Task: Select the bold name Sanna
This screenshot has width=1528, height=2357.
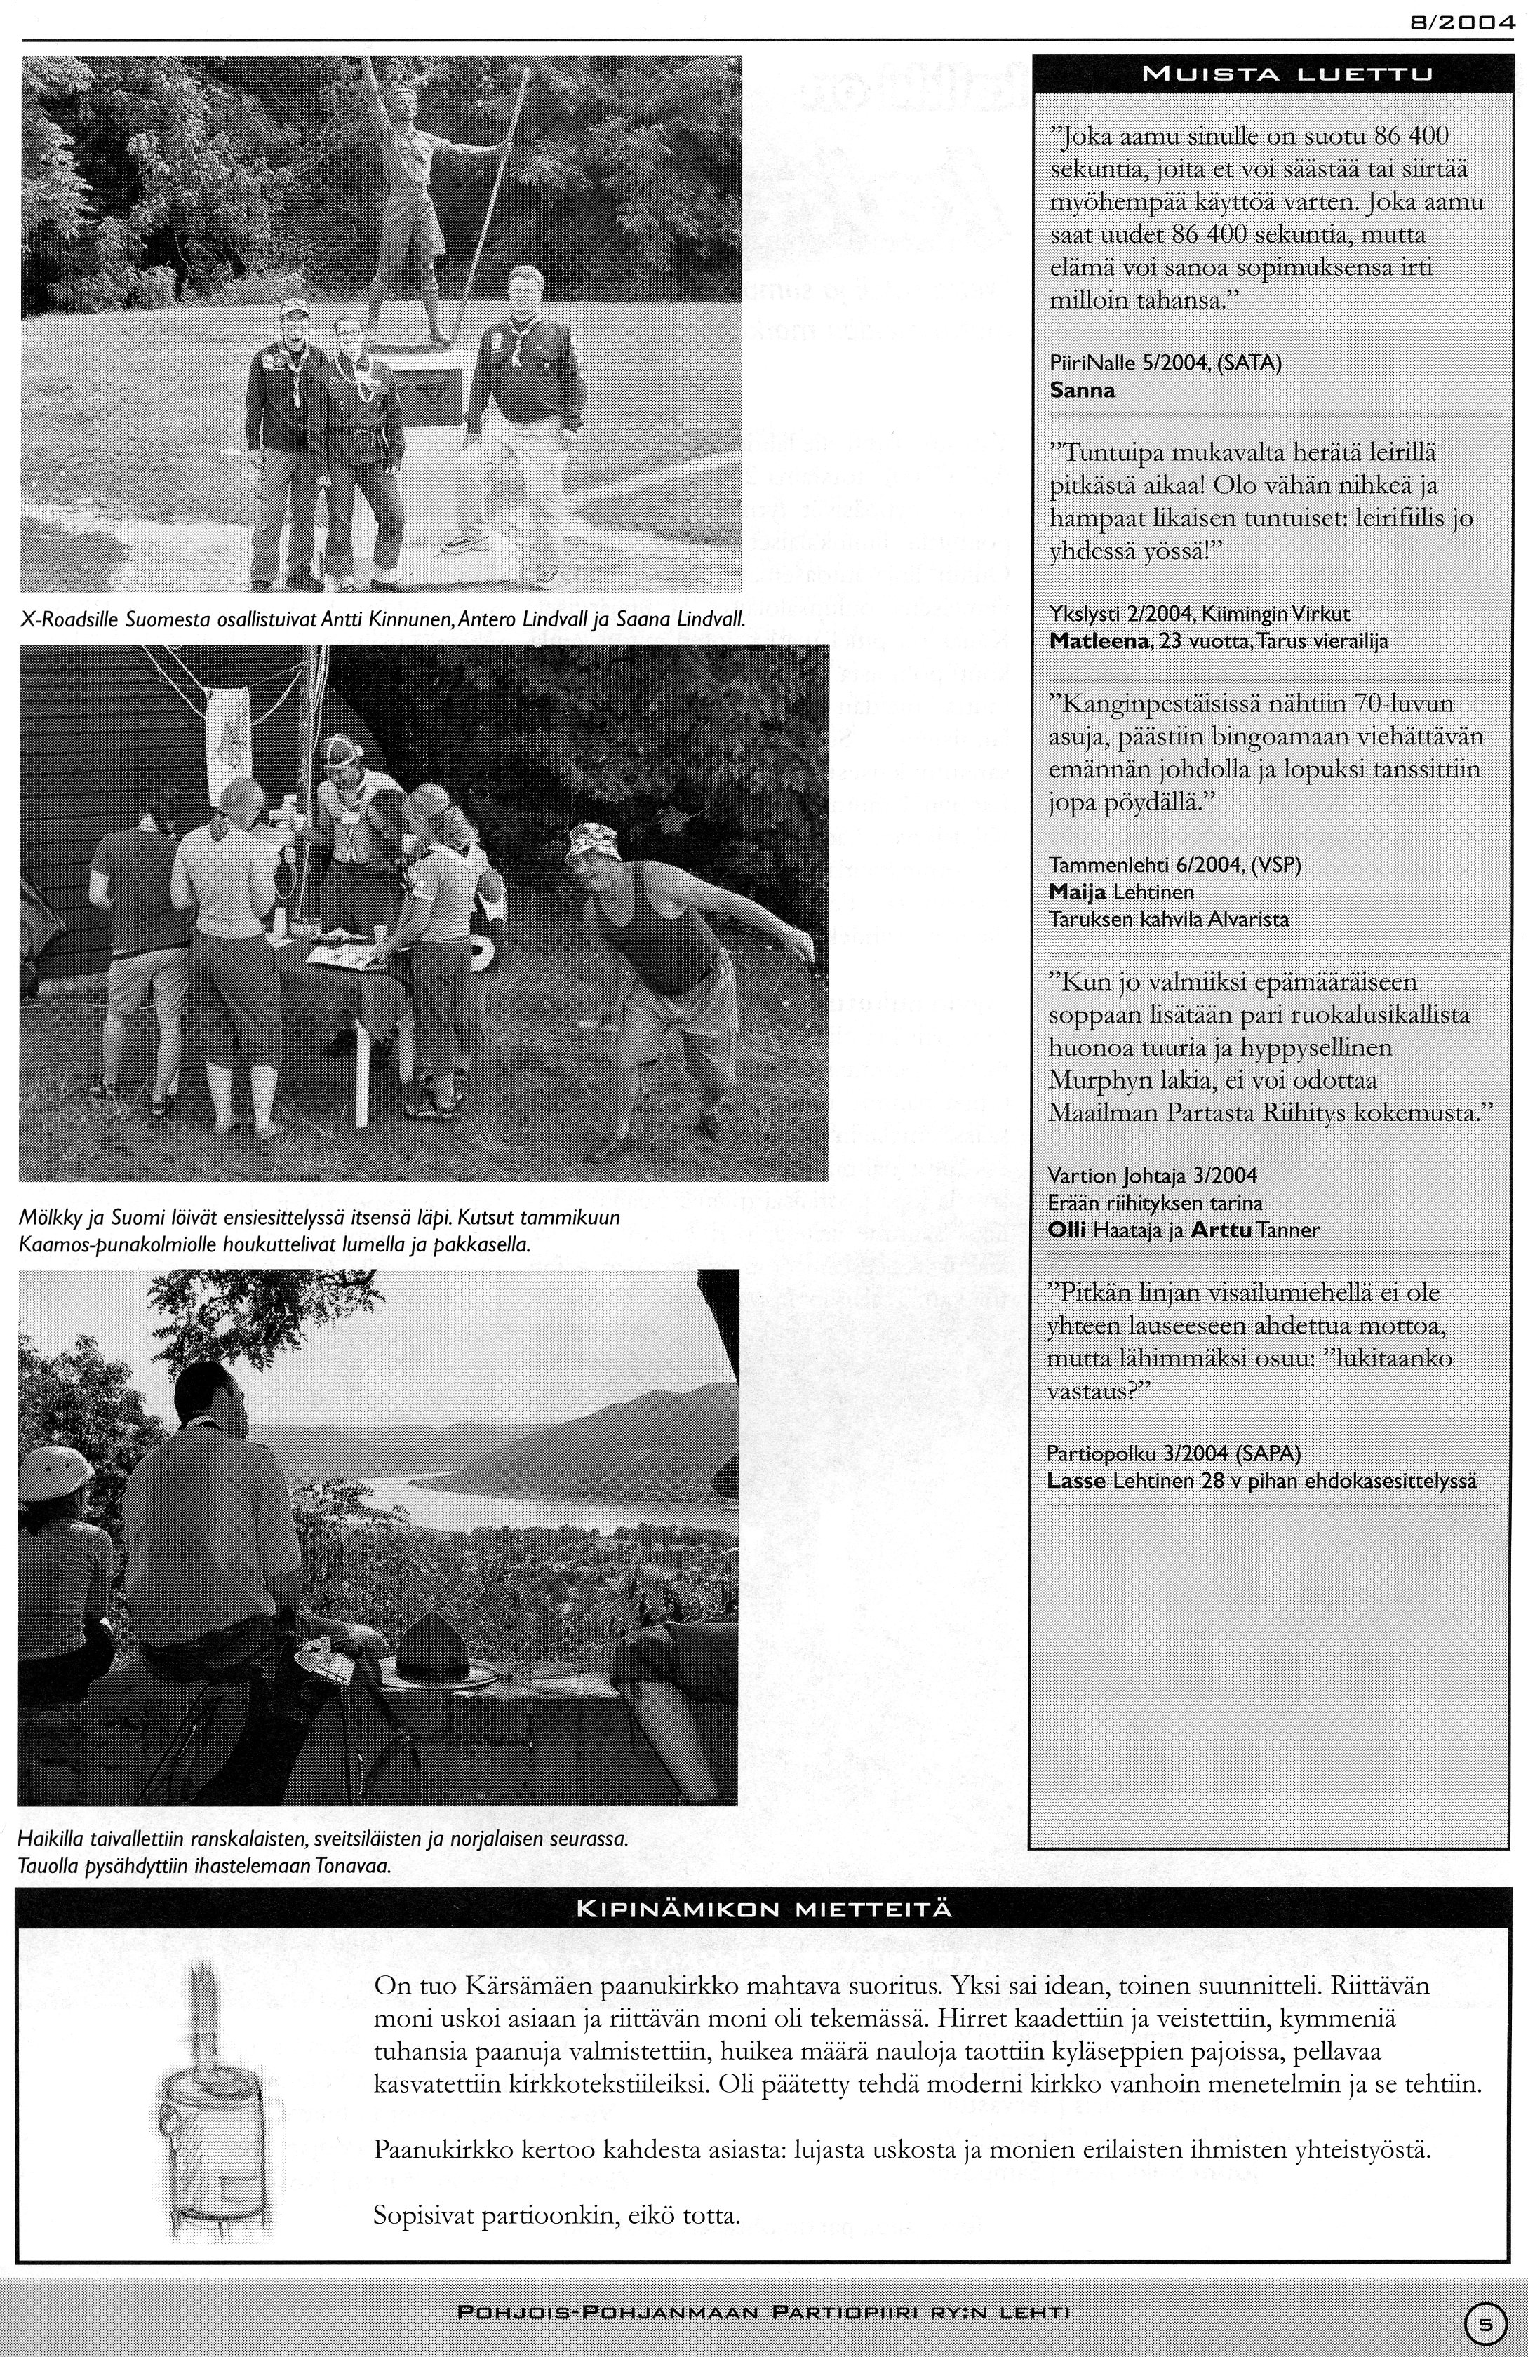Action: pos(1081,390)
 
